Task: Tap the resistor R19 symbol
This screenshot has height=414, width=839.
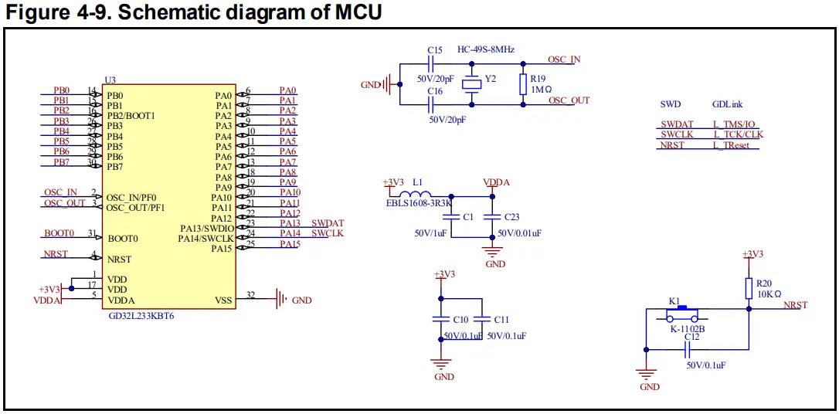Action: [523, 83]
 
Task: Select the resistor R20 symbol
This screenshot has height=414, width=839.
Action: [749, 288]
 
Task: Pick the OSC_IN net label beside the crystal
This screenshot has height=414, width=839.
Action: [564, 59]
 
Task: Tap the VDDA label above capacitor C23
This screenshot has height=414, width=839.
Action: [495, 183]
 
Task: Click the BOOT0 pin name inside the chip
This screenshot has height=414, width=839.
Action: [122, 239]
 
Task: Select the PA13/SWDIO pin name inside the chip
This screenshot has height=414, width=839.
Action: [206, 228]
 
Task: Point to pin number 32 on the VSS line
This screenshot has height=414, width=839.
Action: [250, 295]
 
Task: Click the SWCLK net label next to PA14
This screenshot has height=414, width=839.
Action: [328, 233]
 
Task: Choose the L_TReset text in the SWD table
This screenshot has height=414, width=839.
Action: [731, 145]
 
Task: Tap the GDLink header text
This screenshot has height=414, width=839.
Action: [727, 104]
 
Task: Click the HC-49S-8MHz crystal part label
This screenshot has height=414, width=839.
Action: [486, 48]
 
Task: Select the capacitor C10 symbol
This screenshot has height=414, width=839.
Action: [440, 318]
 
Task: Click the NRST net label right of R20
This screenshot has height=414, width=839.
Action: [795, 305]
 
